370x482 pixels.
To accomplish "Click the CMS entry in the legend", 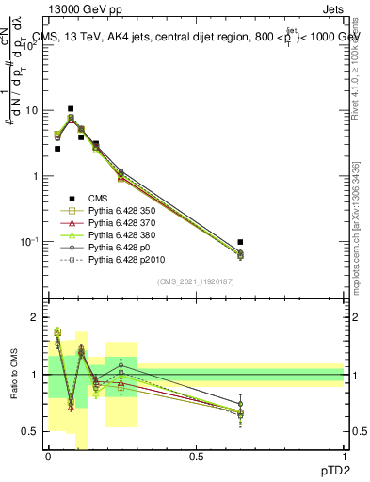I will point(100,198).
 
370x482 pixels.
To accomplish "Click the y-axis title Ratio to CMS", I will point(15,375).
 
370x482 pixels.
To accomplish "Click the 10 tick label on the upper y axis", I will point(29,110).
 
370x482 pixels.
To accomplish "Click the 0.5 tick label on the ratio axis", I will point(29,432).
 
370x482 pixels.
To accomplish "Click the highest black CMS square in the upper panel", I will point(71,109).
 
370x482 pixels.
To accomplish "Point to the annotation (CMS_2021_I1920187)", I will point(196,281).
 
